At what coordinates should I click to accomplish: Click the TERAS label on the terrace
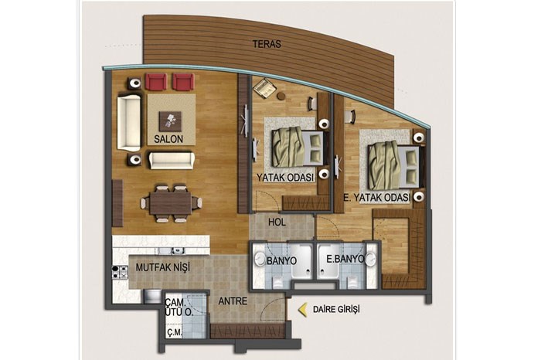click(x=267, y=44)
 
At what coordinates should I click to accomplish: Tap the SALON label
click(x=168, y=139)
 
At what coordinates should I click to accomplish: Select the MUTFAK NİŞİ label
click(x=162, y=267)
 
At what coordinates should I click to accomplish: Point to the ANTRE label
click(x=233, y=301)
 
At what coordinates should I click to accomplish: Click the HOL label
click(x=277, y=222)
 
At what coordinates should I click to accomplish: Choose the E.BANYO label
click(x=345, y=259)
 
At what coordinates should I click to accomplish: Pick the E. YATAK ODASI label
click(x=377, y=198)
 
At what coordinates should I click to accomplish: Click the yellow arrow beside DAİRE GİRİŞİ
click(x=303, y=309)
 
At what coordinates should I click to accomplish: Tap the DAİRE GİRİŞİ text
click(x=336, y=309)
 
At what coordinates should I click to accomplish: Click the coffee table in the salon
click(x=170, y=121)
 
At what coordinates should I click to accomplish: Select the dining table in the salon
click(x=171, y=203)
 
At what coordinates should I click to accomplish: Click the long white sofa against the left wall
click(x=129, y=123)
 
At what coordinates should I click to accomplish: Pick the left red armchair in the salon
click(x=156, y=82)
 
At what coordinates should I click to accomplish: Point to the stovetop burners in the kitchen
click(x=118, y=273)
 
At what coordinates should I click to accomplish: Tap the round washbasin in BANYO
click(x=260, y=259)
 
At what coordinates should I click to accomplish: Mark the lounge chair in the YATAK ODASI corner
click(x=264, y=87)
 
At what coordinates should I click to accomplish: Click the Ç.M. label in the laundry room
click(x=174, y=333)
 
